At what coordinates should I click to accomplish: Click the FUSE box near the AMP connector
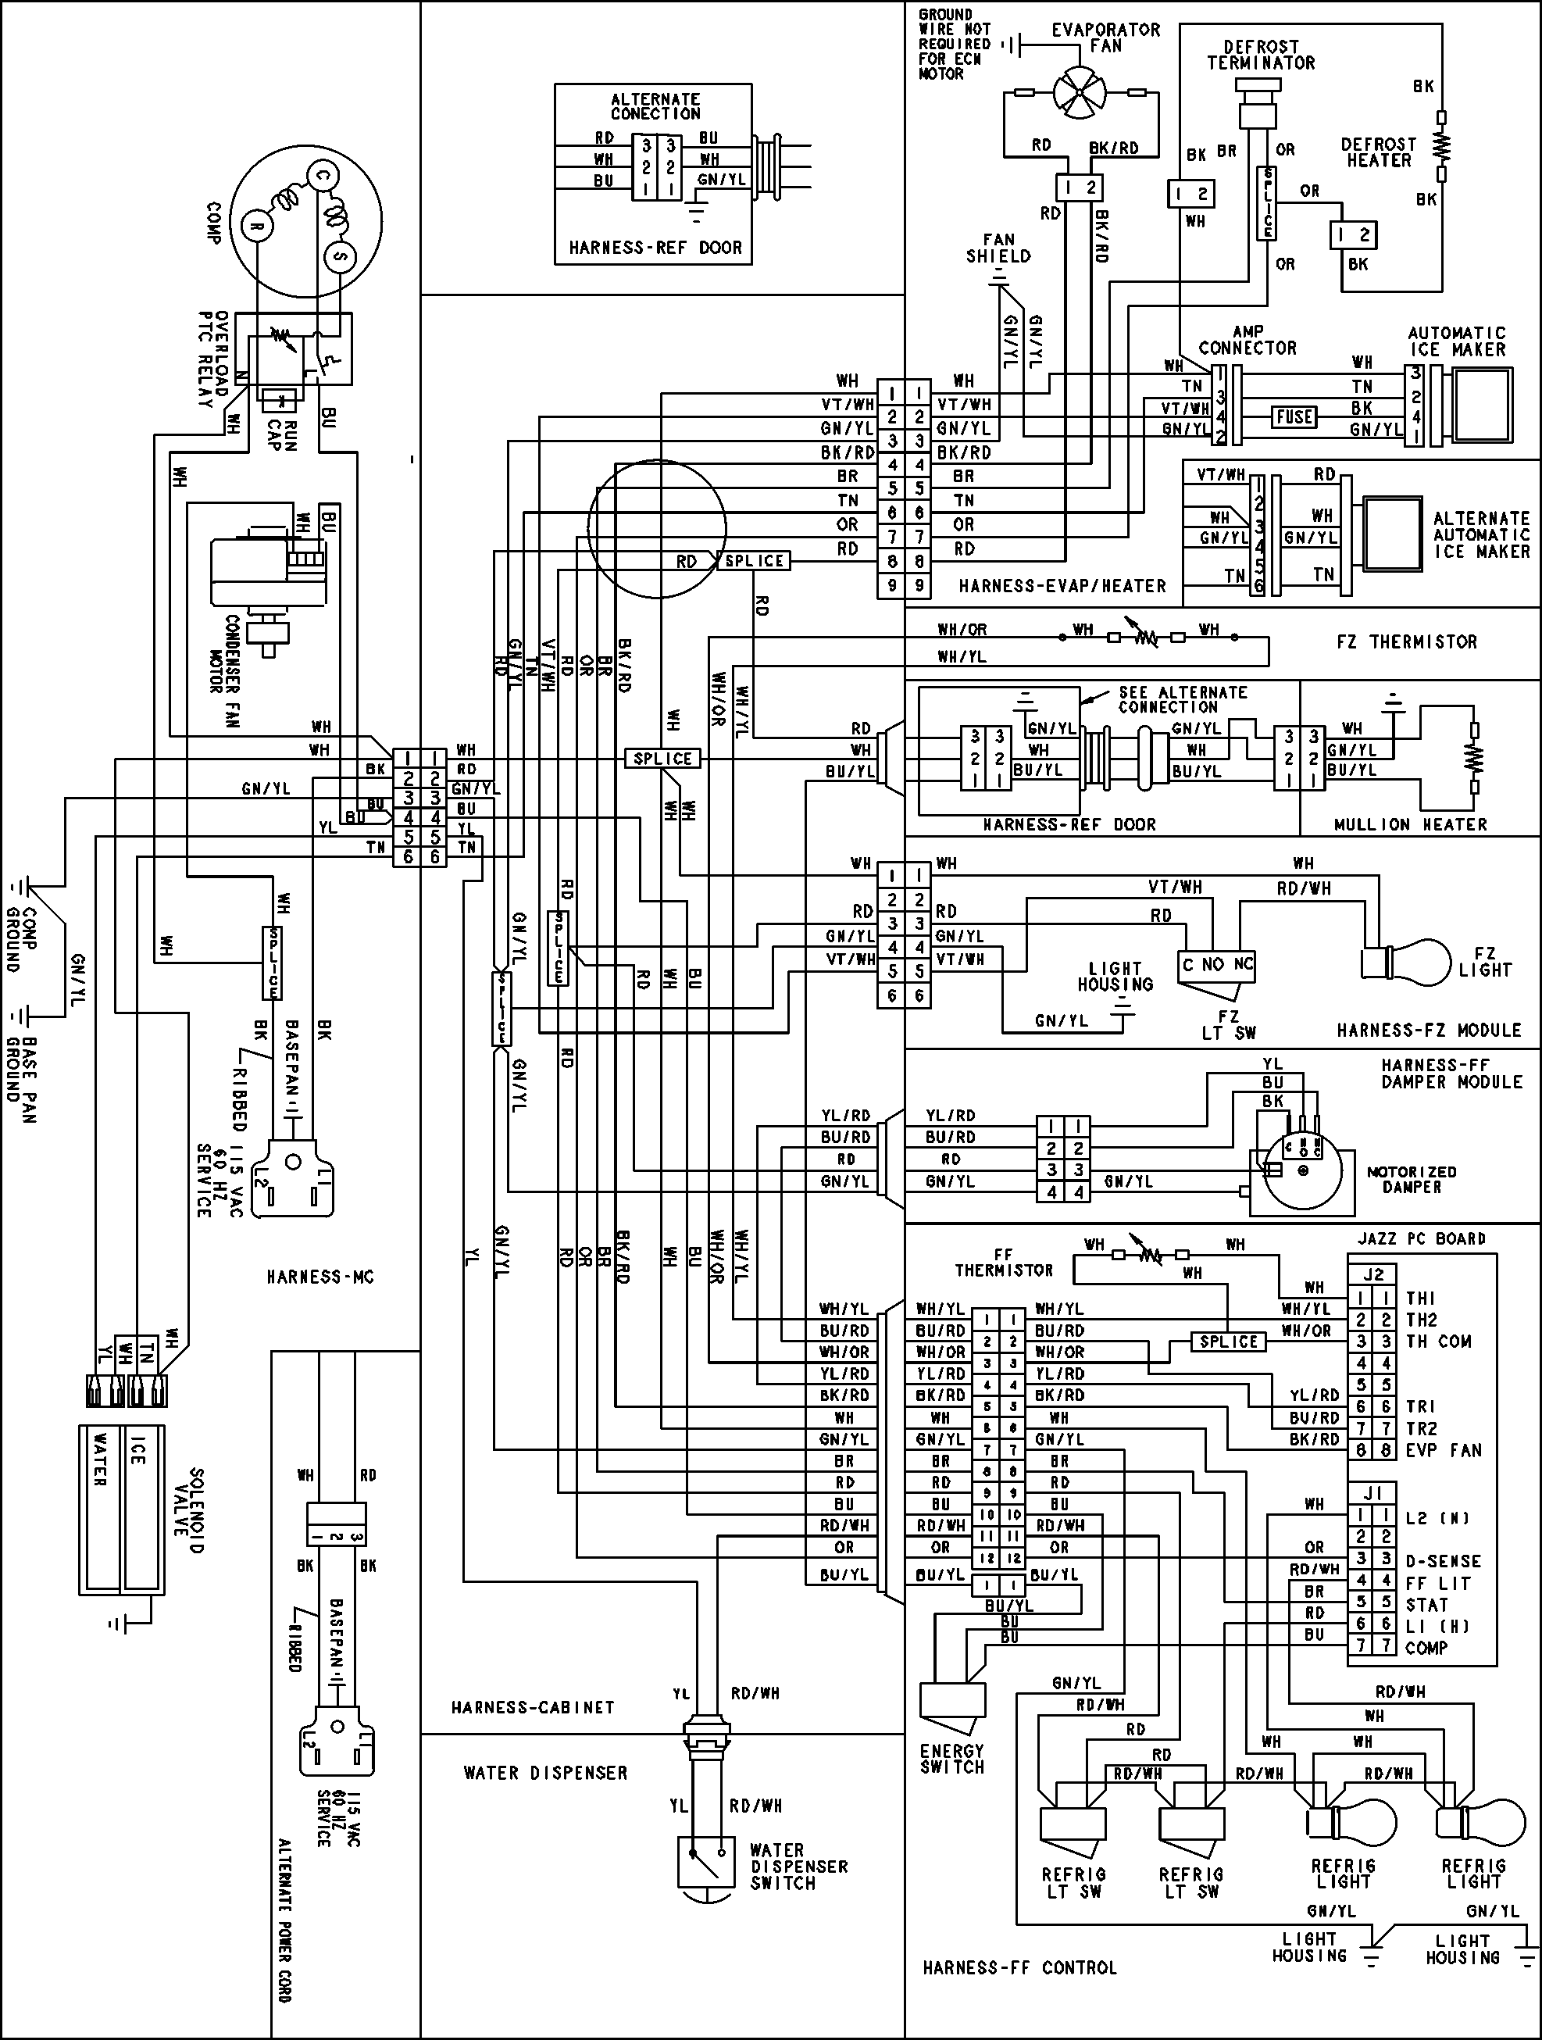1294,417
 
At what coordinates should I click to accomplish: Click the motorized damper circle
1301,1170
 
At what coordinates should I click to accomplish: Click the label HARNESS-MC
320,1277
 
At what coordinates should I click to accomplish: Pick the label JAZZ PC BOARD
1421,1238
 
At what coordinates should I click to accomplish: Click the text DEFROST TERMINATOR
1261,55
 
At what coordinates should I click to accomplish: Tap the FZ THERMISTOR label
1406,642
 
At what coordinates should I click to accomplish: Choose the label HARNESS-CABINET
532,1708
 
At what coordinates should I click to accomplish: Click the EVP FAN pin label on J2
1444,1450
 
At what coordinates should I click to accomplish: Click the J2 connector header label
1373,1274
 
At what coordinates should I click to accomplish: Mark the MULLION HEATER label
1410,824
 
